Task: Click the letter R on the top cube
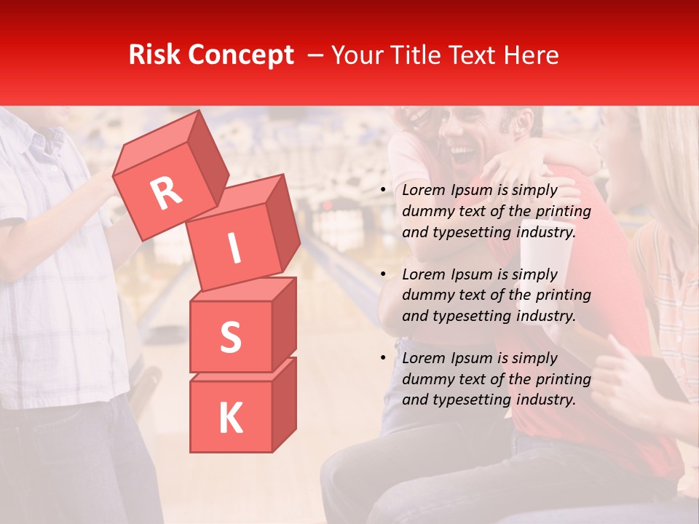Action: [x=167, y=194]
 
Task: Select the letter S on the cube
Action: [x=230, y=337]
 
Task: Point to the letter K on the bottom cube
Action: [x=230, y=418]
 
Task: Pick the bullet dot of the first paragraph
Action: [x=383, y=191]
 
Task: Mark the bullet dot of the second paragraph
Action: [x=383, y=275]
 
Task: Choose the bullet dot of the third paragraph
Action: [x=383, y=359]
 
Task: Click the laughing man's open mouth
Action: [x=462, y=154]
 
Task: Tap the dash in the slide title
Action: [x=316, y=56]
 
